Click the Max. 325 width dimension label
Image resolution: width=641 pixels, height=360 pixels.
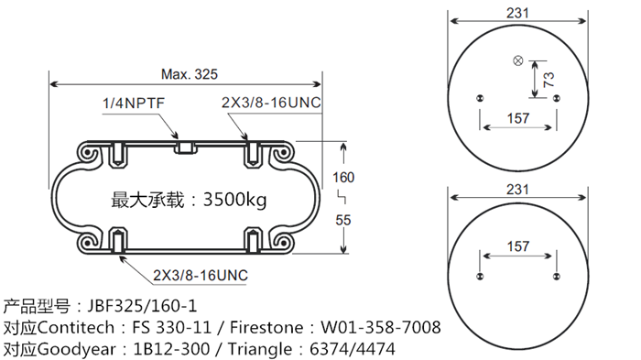click(190, 73)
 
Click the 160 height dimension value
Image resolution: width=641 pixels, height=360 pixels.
click(342, 177)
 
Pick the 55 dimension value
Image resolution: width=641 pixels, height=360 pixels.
click(342, 220)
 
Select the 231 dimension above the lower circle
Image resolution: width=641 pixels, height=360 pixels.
click(518, 190)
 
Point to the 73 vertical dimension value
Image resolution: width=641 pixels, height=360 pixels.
click(549, 79)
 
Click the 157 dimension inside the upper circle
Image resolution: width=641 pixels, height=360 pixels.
click(518, 118)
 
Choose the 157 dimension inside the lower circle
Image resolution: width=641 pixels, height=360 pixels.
click(518, 246)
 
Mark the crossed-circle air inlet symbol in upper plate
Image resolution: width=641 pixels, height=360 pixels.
click(518, 61)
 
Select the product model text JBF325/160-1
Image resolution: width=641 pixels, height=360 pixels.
click(141, 305)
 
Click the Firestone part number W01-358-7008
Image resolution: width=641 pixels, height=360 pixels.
click(380, 327)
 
